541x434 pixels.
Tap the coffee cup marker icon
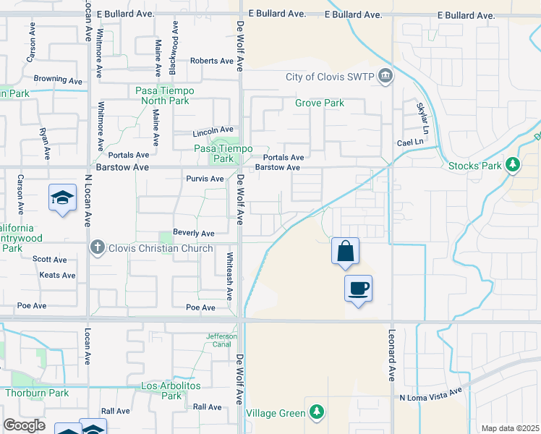coord(358,289)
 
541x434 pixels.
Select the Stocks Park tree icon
coord(513,166)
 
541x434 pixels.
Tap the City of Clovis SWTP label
coord(331,77)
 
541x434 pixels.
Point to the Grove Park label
coord(319,103)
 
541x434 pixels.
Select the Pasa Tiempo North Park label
coord(163,95)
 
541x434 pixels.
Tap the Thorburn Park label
coord(36,393)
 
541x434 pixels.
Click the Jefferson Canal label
coord(222,340)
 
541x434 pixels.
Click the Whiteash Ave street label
coord(229,275)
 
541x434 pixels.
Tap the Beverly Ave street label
coord(193,234)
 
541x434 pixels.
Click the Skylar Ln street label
coord(421,116)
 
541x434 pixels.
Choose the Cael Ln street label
coord(409,143)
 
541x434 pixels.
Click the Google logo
coord(24,425)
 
